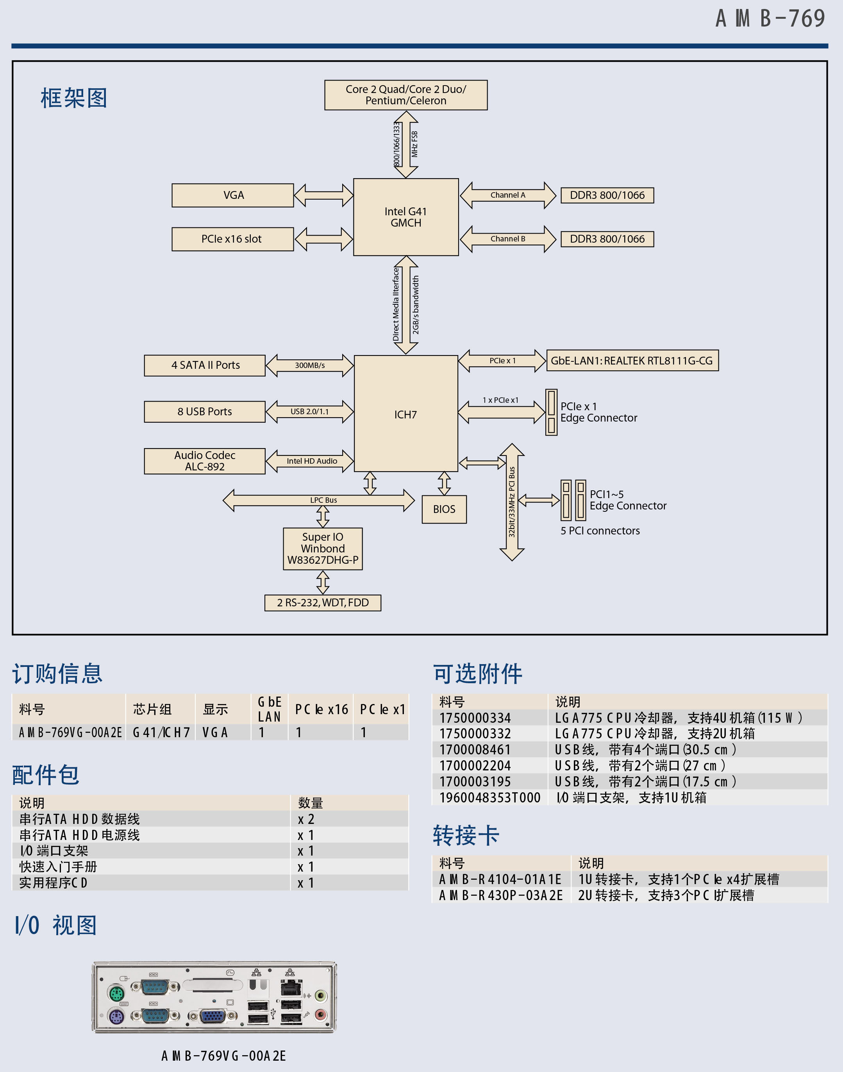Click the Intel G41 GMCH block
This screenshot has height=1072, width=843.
pyautogui.click(x=406, y=217)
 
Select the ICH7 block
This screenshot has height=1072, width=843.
pyautogui.click(x=406, y=414)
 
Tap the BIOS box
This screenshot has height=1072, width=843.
pyautogui.click(x=444, y=509)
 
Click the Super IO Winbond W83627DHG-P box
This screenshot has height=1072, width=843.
pyautogui.click(x=323, y=549)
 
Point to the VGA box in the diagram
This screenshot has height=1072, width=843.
pyautogui.click(x=233, y=195)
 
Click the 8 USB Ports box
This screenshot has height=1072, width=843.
pyautogui.click(x=204, y=411)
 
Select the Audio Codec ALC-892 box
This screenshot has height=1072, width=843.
pyautogui.click(x=204, y=461)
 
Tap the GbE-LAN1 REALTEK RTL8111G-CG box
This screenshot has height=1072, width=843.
pyautogui.click(x=632, y=360)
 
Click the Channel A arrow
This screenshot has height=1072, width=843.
pyautogui.click(x=507, y=195)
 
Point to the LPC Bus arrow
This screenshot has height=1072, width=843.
pyautogui.click(x=319, y=500)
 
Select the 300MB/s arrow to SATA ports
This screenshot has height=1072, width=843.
pyautogui.click(x=309, y=365)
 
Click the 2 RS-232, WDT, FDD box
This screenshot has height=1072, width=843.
pyautogui.click(x=323, y=603)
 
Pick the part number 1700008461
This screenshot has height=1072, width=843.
pyautogui.click(x=475, y=750)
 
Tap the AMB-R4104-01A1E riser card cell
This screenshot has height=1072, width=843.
pyautogui.click(x=500, y=879)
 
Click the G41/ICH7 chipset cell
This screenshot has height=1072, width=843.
pyautogui.click(x=161, y=732)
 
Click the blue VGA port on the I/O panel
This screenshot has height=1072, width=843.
pyautogui.click(x=213, y=1016)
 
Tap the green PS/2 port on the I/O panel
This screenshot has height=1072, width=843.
pyautogui.click(x=116, y=993)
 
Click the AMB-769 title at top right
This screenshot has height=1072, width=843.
pyautogui.click(x=770, y=19)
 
